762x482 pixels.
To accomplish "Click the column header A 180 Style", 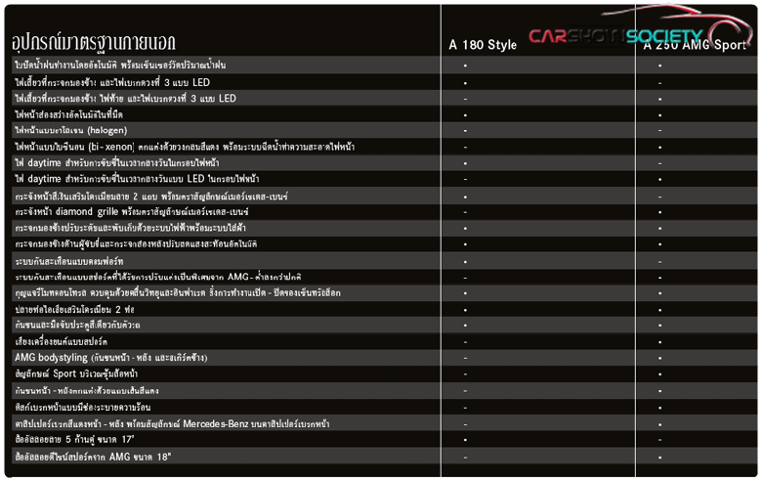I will [483, 45].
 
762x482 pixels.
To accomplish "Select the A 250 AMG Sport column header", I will [695, 45].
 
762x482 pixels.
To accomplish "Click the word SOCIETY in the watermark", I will [664, 36].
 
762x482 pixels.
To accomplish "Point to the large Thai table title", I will [94, 42].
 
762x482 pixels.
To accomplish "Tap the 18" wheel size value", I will [157, 457].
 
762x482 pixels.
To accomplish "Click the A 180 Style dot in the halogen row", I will [465, 130].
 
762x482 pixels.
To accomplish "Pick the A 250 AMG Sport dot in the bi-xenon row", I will [659, 147].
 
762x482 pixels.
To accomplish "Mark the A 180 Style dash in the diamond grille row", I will [465, 211].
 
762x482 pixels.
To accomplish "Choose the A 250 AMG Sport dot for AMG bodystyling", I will [659, 358].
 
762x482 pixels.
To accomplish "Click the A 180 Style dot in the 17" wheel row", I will [465, 440].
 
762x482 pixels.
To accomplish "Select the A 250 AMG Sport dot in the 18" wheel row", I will [659, 457].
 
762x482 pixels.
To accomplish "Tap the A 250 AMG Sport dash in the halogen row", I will [659, 130].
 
